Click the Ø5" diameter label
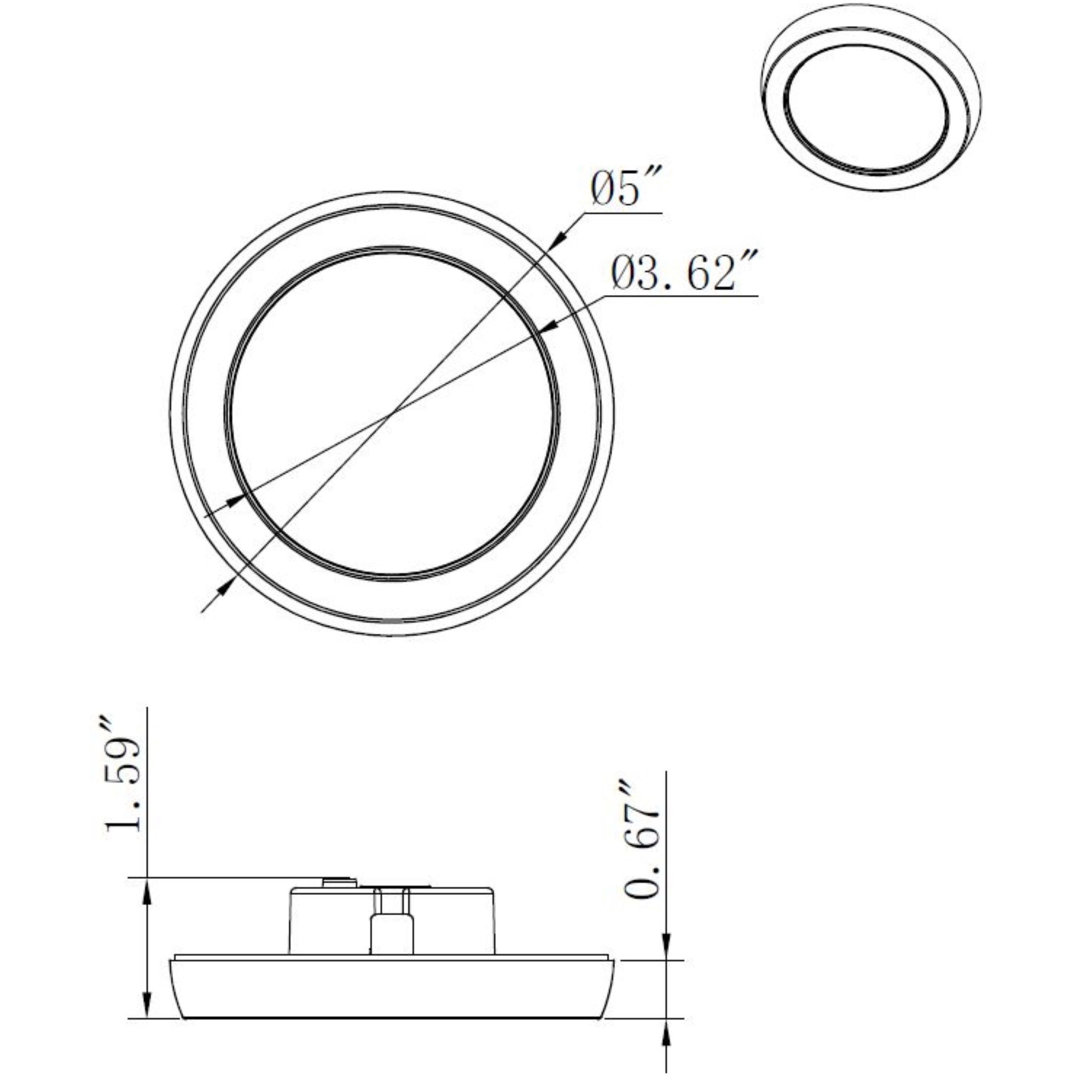pyautogui.click(x=625, y=189)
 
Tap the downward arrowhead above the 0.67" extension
pyautogui.click(x=667, y=949)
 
